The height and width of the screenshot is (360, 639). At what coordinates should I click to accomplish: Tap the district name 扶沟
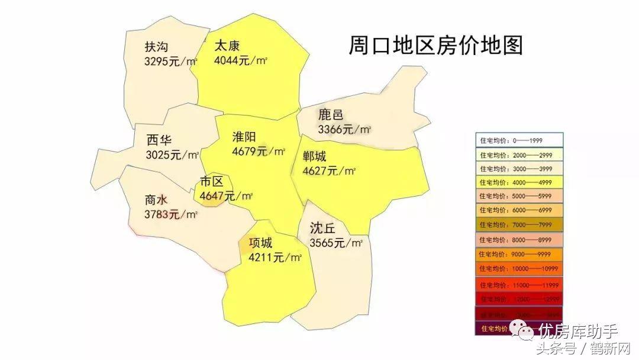coord(156,47)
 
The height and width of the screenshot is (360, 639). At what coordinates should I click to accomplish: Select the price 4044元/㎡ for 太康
coord(241,60)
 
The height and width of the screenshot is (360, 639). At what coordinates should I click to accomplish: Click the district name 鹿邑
coord(330,115)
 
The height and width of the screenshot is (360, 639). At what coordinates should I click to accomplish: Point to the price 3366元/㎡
coord(344,129)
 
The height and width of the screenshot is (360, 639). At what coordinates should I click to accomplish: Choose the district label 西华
coord(159,141)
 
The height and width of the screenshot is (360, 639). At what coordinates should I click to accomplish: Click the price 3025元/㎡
coord(172,155)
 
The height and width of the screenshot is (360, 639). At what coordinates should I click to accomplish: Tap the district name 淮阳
coord(246,137)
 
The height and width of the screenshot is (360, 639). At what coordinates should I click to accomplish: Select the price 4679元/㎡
coord(258,151)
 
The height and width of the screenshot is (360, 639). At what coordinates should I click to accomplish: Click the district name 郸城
coord(314,157)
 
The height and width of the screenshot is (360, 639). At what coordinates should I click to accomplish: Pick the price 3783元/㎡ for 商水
coord(170,214)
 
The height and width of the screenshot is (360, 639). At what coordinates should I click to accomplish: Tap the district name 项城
coord(260,243)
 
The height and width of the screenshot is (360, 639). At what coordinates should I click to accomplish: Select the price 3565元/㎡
coord(335,243)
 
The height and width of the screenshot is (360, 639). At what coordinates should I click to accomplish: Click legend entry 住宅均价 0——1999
coord(519,140)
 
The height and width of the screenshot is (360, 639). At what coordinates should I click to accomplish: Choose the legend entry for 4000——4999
coord(519,182)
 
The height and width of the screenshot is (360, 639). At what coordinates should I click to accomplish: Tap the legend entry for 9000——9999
coord(519,254)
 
